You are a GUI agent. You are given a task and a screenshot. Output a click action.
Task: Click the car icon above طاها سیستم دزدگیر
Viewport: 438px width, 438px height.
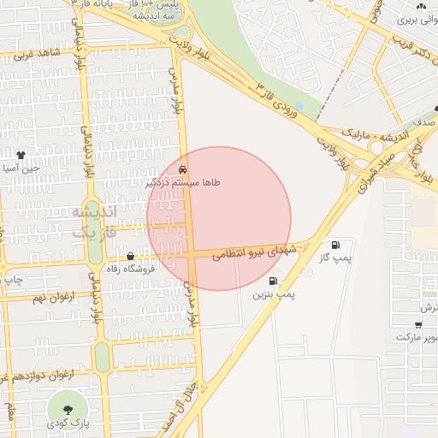pos(185,169)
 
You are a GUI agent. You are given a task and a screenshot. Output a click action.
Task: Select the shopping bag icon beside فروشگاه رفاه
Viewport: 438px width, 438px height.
pos(130,256)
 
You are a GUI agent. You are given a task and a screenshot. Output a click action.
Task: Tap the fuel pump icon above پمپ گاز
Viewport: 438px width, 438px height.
pos(346,244)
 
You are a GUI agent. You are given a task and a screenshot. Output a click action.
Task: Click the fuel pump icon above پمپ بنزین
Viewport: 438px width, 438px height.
pos(273,280)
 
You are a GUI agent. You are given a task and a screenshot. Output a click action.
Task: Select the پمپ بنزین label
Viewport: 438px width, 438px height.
pos(273,294)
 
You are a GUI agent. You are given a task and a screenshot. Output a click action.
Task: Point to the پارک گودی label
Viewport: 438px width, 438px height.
pos(66,423)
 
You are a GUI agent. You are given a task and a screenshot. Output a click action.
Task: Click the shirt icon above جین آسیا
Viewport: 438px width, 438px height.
pos(21,155)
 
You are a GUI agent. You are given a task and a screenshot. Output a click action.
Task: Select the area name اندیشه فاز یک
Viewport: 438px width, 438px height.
pos(95,221)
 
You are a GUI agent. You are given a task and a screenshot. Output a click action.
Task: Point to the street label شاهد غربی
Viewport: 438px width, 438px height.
pos(36,53)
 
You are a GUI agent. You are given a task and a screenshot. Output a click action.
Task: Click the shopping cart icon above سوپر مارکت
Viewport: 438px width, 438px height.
pos(417,324)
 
